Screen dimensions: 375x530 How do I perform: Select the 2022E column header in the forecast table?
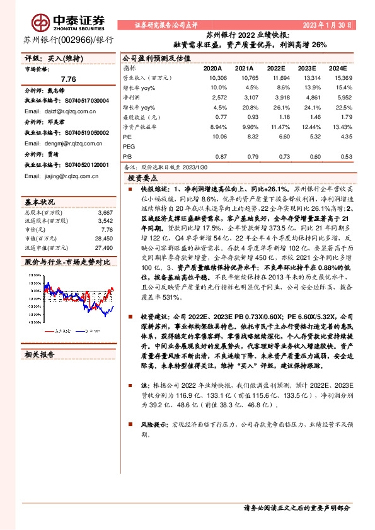point(277,67)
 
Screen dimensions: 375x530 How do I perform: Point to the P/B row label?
point(127,156)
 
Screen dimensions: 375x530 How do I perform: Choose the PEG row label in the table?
point(129,146)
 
